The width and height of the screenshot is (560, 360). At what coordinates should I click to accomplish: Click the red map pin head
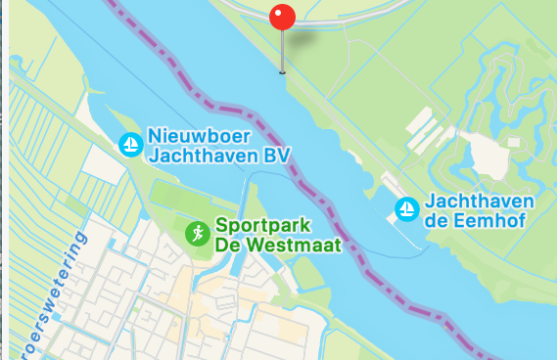282,18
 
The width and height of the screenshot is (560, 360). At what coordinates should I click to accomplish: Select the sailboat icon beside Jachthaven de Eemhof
405,208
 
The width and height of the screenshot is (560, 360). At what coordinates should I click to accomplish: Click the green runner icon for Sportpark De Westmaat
197,233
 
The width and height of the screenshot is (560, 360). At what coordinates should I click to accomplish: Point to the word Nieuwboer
195,135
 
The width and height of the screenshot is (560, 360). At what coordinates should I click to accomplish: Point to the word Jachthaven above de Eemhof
479,202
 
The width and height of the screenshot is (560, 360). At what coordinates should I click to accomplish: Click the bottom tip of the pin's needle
282,71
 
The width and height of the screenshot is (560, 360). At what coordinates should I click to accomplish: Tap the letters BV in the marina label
278,155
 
